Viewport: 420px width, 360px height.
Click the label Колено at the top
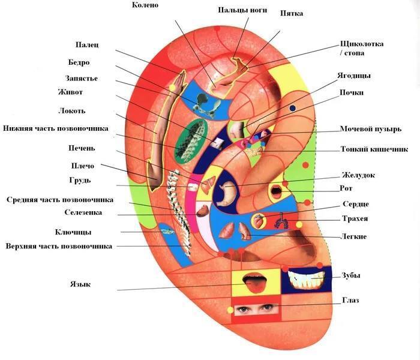pyautogui.click(x=145, y=5)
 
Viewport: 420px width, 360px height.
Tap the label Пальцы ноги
pyautogui.click(x=242, y=10)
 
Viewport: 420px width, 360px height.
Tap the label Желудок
pyautogui.click(x=358, y=175)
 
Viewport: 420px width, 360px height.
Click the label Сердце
pyautogui.click(x=355, y=205)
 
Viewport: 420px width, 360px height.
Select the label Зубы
pyautogui.click(x=350, y=275)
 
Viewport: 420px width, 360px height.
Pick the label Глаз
pyautogui.click(x=350, y=300)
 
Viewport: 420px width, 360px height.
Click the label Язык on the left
pyautogui.click(x=80, y=284)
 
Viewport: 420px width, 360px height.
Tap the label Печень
pyautogui.click(x=82, y=148)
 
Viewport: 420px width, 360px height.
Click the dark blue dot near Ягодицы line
pyautogui.click(x=293, y=108)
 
